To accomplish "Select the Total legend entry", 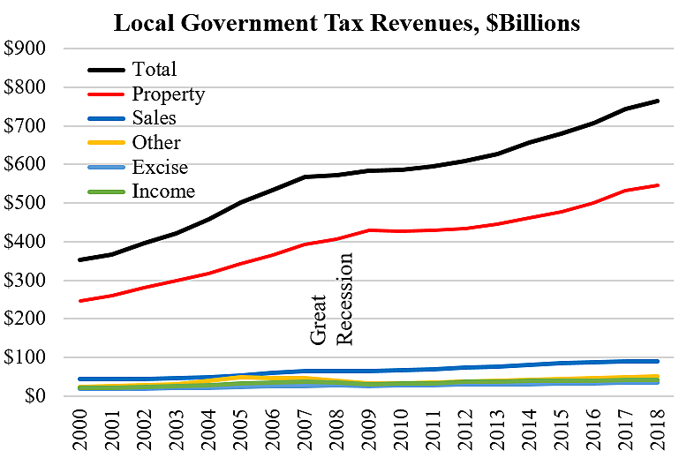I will click(154, 69).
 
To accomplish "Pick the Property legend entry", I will click(168, 94).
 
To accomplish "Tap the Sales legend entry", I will click(154, 118).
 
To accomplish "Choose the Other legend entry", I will click(156, 143).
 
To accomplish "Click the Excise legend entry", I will click(160, 167).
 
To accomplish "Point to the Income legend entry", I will click(162, 191).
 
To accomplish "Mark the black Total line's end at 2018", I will click(656, 101).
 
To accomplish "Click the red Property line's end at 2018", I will click(656, 185).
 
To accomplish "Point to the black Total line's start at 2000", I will click(79, 259).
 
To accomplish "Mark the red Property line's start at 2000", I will click(79, 301).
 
